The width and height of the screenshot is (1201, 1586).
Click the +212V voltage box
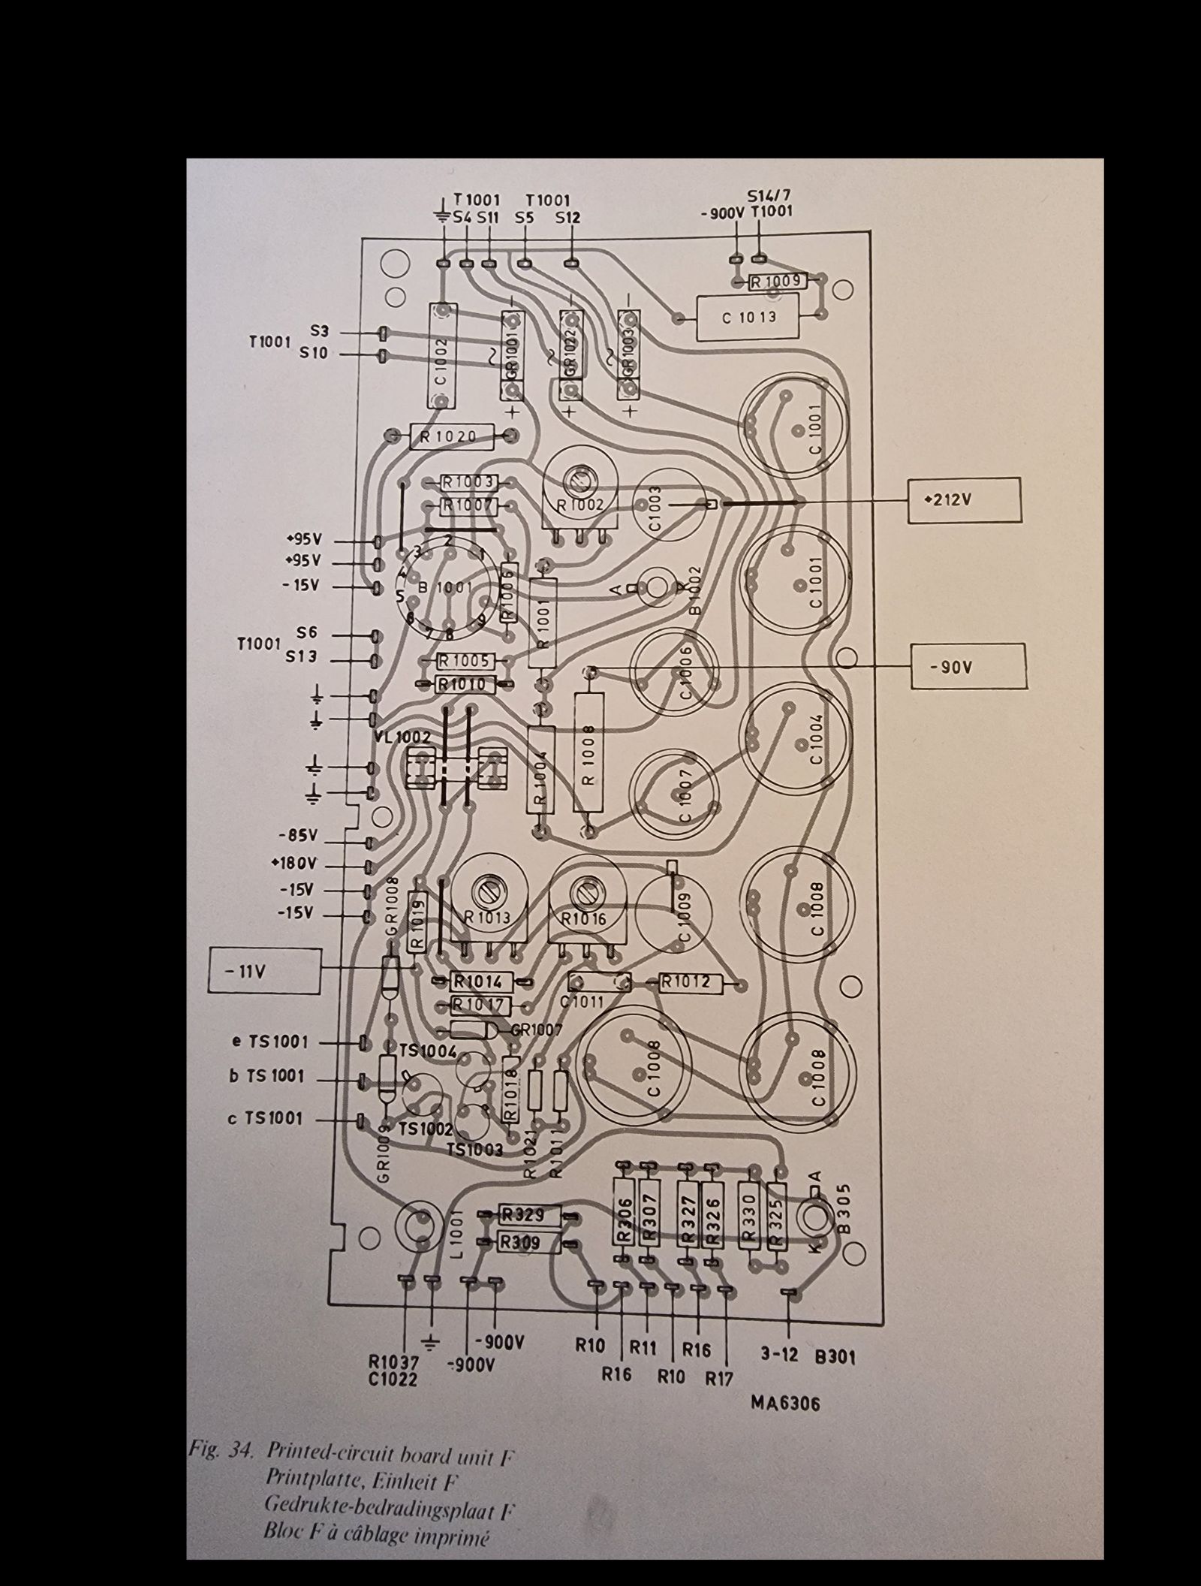[964, 499]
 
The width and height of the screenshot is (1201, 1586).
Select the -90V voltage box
[968, 665]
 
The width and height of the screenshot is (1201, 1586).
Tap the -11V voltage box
[264, 971]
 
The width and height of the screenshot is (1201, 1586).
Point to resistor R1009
[779, 282]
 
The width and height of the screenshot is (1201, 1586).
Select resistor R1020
[452, 436]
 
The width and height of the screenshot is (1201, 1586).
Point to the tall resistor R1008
[588, 752]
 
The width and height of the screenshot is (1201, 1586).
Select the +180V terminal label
[295, 863]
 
